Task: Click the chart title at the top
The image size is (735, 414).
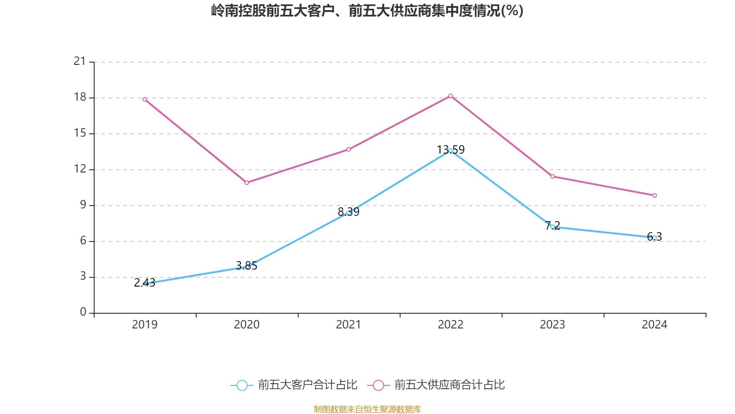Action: pos(367,11)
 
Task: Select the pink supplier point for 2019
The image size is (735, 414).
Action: pos(145,99)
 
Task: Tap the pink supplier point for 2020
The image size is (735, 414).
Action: pos(247,183)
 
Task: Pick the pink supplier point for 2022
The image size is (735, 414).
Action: pos(451,96)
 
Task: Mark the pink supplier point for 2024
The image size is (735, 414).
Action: pos(655,195)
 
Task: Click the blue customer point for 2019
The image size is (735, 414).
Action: pos(145,284)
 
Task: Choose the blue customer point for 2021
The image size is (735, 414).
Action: pos(349,213)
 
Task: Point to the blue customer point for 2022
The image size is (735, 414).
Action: pos(451,150)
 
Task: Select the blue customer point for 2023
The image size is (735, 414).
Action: pos(553,227)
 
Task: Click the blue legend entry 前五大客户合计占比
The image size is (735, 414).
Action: pos(294,385)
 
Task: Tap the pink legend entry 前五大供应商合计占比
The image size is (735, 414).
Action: pos(436,385)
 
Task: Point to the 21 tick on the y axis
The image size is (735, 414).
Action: pos(80,61)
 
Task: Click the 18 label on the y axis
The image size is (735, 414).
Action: pos(80,97)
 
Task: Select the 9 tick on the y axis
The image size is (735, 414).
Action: pos(83,205)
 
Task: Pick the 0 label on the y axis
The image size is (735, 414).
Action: pos(83,312)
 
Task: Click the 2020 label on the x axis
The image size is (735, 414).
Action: pos(247,325)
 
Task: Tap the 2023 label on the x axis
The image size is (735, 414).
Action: pos(553,325)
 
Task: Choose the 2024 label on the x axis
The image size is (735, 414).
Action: pos(655,325)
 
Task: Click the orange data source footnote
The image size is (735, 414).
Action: pos(367,409)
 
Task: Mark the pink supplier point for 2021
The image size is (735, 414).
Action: pos(349,149)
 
